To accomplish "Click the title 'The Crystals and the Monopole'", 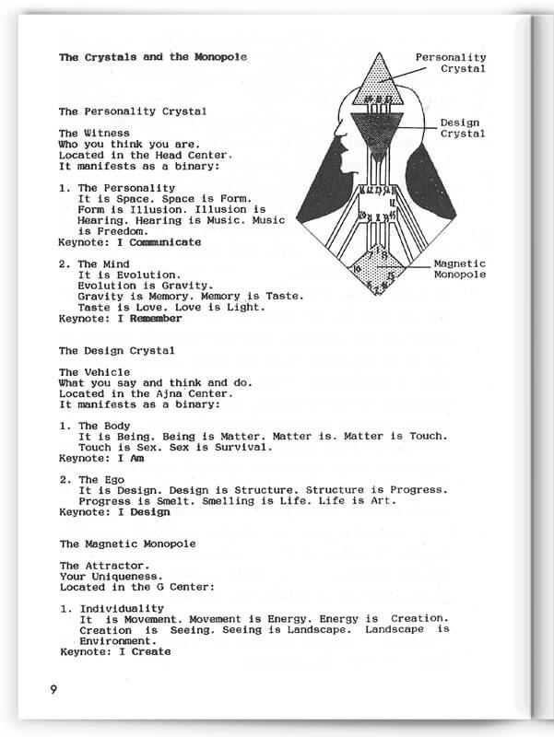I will click(x=152, y=57).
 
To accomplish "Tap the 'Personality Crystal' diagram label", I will click(x=450, y=63).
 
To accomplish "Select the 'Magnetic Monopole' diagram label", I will click(x=459, y=269).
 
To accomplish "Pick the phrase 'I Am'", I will click(x=131, y=457).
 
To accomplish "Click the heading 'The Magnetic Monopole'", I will click(x=127, y=544).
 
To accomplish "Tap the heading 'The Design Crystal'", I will click(x=118, y=350).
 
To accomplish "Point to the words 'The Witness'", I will click(x=94, y=134).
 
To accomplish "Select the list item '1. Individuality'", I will click(x=112, y=608).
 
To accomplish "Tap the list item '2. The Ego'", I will click(x=92, y=479).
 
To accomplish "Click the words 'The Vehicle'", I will click(x=94, y=372).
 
